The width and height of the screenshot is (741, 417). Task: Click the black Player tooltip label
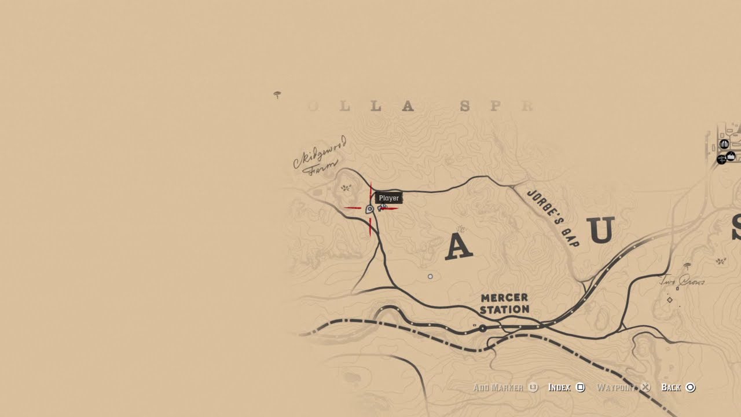tap(388, 198)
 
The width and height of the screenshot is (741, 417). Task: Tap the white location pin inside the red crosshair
tap(369, 209)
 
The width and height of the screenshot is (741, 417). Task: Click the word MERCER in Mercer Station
tap(504, 298)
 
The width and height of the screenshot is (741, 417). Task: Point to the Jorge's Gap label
tap(553, 218)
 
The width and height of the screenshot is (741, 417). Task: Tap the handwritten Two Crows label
tap(683, 282)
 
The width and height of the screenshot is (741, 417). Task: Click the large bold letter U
tap(601, 230)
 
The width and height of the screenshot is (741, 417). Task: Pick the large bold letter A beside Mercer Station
tap(458, 247)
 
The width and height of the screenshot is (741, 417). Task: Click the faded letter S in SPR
tap(464, 106)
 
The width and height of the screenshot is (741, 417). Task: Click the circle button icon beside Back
tap(690, 387)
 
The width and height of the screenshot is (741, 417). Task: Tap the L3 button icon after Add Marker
tap(533, 387)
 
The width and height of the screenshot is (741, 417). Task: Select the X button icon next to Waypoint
tap(646, 387)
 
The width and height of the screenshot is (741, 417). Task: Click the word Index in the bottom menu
tap(559, 387)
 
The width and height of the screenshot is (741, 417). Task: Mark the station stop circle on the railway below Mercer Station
tap(482, 328)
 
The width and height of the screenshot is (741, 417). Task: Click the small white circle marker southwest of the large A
tap(430, 277)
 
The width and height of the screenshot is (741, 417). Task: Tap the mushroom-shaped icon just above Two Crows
tap(687, 266)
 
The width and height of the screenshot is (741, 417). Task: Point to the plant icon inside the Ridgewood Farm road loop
tap(346, 188)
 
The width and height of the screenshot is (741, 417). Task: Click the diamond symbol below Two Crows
tap(670, 300)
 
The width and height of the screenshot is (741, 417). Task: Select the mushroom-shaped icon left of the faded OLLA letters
tap(277, 94)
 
